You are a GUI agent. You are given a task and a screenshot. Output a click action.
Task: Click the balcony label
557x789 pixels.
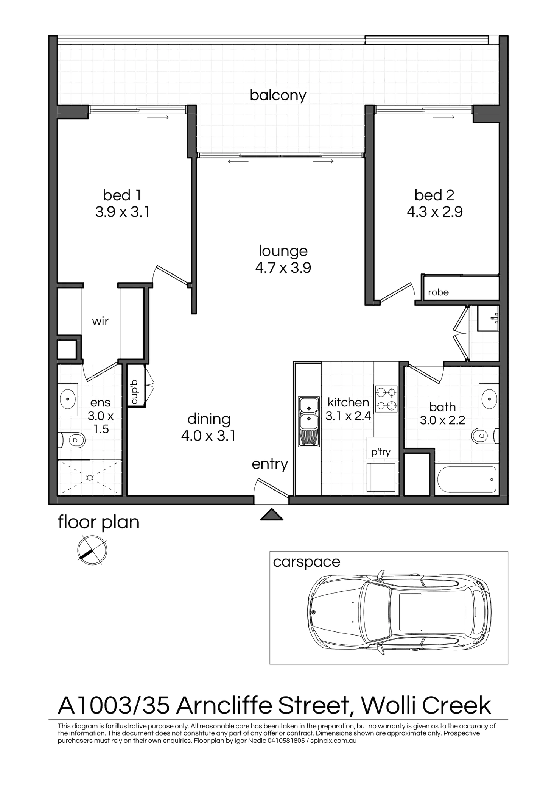tap(278, 95)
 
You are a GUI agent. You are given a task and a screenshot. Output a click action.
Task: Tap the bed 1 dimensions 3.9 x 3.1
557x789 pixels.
tap(123, 212)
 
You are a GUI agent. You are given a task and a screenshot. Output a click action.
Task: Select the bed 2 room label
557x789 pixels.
tap(434, 195)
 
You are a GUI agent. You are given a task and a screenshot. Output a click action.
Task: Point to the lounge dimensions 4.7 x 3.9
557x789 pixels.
tap(283, 268)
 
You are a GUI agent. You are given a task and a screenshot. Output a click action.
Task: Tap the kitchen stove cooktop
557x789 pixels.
tap(386, 398)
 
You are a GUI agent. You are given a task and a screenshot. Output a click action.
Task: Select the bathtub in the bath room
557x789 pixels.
tap(466, 480)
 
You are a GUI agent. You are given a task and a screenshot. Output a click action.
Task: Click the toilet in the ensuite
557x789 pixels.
tap(73, 441)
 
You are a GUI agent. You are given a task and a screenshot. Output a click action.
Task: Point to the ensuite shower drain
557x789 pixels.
tap(90, 478)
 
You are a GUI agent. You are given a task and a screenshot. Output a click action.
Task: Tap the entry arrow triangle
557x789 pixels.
tap(271, 516)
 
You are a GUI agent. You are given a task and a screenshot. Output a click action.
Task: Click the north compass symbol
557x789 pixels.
tap(92, 550)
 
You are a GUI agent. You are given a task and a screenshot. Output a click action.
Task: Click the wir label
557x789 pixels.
tap(100, 322)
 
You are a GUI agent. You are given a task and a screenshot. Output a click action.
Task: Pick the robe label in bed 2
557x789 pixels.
tap(439, 292)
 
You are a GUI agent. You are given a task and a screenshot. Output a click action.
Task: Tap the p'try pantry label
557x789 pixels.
tap(382, 452)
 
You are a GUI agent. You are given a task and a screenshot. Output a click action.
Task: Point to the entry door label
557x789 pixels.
tap(270, 464)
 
